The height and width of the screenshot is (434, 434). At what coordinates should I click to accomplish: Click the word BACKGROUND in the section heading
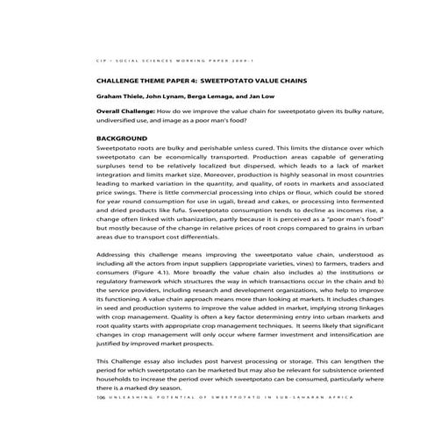pyautogui.click(x=122, y=139)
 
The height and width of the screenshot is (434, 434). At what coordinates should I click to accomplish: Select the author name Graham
pyautogui.click(x=110, y=94)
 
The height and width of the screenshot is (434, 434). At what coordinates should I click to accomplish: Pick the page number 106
pyautogui.click(x=102, y=397)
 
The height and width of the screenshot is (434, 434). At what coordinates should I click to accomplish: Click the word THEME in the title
pyautogui.click(x=153, y=77)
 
